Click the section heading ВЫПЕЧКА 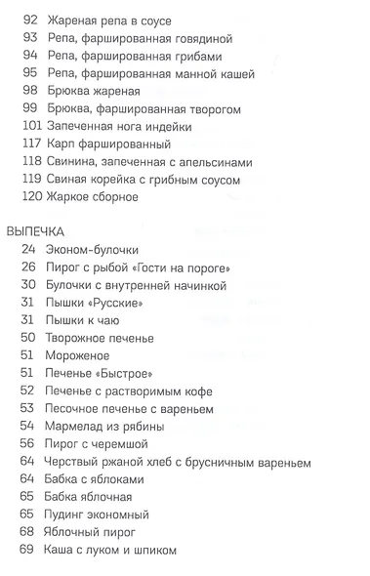(35, 231)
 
